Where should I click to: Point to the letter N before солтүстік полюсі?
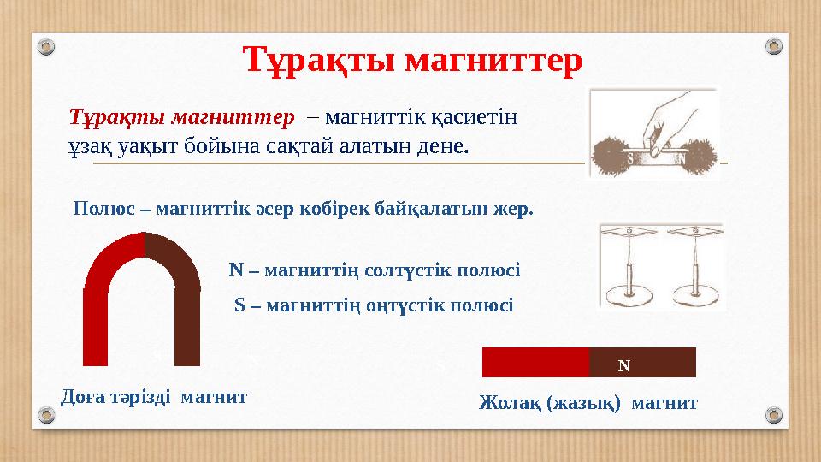point(236,270)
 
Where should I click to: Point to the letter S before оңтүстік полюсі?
point(239,305)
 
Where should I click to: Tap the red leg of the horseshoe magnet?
point(96,325)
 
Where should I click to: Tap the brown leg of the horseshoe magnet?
point(186,325)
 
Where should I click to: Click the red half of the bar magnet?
point(535,363)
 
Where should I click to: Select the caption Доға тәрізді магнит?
point(155,397)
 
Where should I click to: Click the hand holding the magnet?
point(658,120)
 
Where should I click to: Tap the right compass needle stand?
point(694,265)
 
